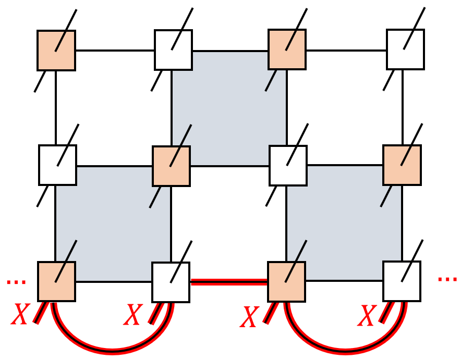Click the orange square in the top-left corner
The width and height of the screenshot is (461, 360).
click(x=56, y=50)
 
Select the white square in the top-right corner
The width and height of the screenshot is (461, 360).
click(x=405, y=49)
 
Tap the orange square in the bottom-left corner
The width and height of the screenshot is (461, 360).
click(x=56, y=281)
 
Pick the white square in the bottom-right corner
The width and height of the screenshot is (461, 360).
click(x=402, y=281)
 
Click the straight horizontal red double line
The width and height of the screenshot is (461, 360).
click(x=229, y=282)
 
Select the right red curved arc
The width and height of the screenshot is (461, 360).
click(x=345, y=349)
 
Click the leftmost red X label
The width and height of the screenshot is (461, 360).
click(x=20, y=315)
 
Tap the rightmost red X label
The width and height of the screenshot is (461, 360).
click(x=368, y=316)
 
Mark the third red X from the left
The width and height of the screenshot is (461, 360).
click(x=249, y=317)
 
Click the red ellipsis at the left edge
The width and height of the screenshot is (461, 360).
click(x=16, y=282)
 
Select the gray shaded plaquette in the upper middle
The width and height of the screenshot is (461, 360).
click(x=229, y=107)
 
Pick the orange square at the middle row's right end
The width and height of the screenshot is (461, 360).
click(x=402, y=165)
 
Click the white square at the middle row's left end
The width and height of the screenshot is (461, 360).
click(x=57, y=165)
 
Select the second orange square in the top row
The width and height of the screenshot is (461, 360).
click(x=287, y=49)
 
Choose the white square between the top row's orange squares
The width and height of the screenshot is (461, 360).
click(x=173, y=50)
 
